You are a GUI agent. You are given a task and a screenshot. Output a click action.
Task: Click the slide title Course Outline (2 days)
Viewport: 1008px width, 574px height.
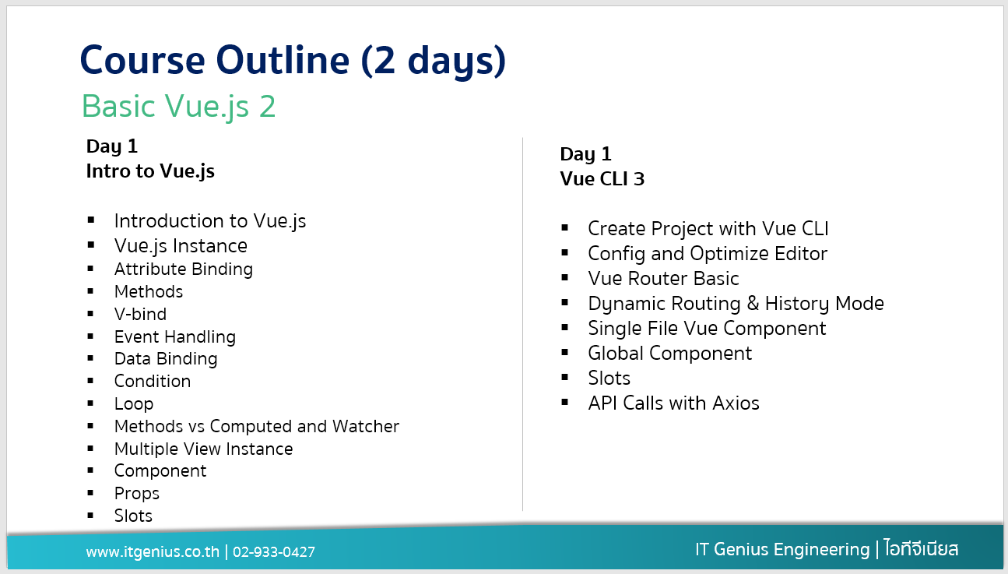pos(293,61)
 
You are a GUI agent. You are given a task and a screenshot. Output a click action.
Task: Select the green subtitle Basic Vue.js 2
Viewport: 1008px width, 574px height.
pos(178,107)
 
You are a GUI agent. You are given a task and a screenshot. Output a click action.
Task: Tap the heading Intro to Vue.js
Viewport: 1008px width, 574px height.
pos(150,171)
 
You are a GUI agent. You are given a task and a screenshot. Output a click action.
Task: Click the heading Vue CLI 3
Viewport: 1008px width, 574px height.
pos(602,178)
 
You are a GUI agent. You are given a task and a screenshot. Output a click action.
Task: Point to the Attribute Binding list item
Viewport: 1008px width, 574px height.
pos(184,269)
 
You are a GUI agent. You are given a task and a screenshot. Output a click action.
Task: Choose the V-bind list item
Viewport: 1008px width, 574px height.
pos(140,314)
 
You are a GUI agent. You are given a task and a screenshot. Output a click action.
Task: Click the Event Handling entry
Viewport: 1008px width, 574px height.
pos(175,336)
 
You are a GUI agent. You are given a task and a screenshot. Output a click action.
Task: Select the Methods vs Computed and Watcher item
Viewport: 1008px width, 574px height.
pos(257,426)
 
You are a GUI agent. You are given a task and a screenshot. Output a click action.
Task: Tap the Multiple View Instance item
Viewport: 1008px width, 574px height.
pos(203,449)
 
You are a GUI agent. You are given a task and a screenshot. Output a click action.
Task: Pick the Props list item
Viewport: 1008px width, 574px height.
pos(137,494)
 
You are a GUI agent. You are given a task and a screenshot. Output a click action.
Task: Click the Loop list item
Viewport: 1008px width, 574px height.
pos(134,404)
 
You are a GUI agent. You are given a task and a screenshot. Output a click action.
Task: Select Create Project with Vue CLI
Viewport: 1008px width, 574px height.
pos(708,229)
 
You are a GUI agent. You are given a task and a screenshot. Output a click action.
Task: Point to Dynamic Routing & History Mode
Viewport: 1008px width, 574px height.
pos(736,304)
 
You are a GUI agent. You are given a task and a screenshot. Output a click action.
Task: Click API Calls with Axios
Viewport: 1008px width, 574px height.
pos(673,403)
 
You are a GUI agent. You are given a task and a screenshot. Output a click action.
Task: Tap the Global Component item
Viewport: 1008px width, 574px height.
pos(669,354)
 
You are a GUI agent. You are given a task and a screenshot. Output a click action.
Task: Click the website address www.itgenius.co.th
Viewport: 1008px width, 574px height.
pos(153,551)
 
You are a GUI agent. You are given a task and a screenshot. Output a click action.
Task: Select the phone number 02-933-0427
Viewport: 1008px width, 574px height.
pos(274,552)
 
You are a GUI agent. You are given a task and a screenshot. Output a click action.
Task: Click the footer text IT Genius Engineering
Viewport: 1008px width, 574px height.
pos(782,550)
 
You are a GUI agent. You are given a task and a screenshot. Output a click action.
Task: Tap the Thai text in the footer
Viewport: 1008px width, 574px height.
pos(921,548)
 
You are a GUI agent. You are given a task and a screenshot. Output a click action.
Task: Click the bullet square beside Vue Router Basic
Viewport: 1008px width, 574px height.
pos(565,278)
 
